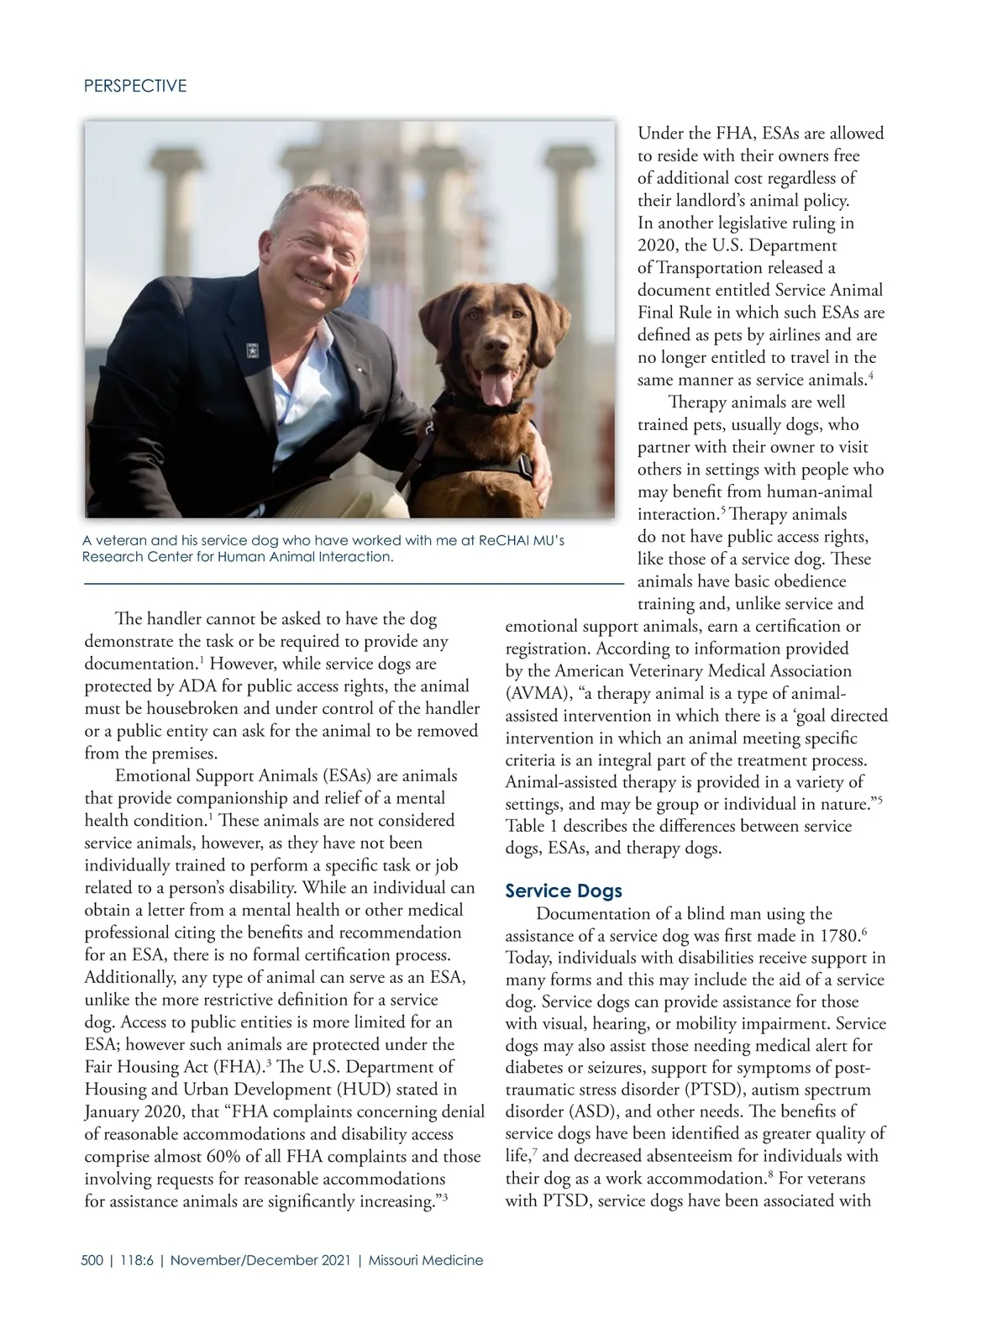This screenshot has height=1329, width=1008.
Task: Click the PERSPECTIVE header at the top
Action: coord(135,86)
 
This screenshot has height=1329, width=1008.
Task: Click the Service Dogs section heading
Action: coord(563,890)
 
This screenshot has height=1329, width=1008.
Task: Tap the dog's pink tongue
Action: coord(496,387)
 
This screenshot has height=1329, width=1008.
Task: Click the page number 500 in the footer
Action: coord(92,1260)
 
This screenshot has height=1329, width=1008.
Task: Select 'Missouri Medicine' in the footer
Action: coord(426,1260)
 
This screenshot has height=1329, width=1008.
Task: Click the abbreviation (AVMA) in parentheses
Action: coord(534,693)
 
